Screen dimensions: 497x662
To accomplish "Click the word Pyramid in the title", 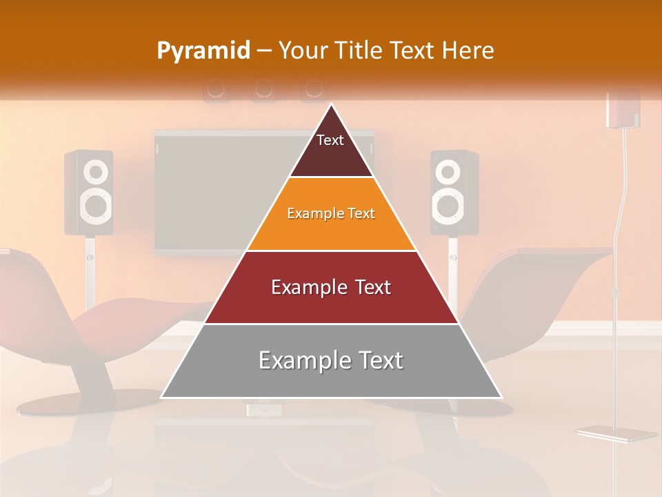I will (x=203, y=51).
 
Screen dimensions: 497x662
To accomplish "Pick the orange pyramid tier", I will (x=331, y=214).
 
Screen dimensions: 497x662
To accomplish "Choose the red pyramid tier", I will (x=331, y=288).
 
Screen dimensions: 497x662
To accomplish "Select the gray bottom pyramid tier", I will (x=331, y=361).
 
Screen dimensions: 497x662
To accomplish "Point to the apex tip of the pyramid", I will (x=332, y=106).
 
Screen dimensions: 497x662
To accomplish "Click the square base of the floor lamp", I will (x=616, y=434).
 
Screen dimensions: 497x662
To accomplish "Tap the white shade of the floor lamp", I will (x=623, y=109).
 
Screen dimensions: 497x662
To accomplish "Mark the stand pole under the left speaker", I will (x=90, y=273).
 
